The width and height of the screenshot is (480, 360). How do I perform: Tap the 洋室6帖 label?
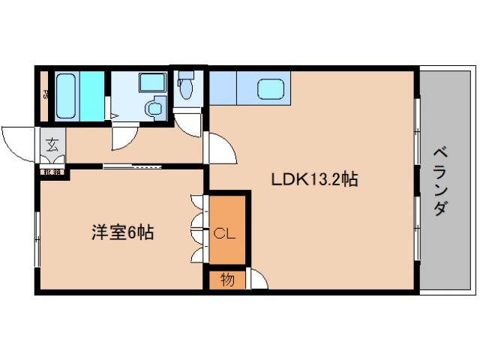[x=123, y=232]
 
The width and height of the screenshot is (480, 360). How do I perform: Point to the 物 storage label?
[x=226, y=280]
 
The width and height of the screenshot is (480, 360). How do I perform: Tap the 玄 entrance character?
[x=52, y=145]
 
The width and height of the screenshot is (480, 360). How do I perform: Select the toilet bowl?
[x=185, y=88]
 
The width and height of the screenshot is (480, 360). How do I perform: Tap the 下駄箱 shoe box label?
[x=52, y=171]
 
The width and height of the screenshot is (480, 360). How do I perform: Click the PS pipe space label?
[x=46, y=94]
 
